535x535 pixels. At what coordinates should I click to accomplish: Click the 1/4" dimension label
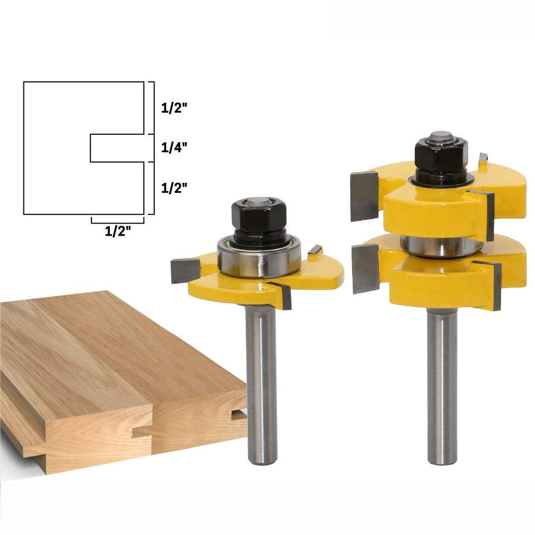click(x=174, y=147)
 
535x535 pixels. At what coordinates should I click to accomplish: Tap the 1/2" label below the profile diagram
click(x=118, y=231)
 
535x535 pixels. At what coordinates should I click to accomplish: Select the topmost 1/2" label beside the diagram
click(x=174, y=108)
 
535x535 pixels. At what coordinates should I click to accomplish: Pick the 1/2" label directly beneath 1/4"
click(x=174, y=188)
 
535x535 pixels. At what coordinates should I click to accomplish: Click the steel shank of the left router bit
click(x=261, y=384)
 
